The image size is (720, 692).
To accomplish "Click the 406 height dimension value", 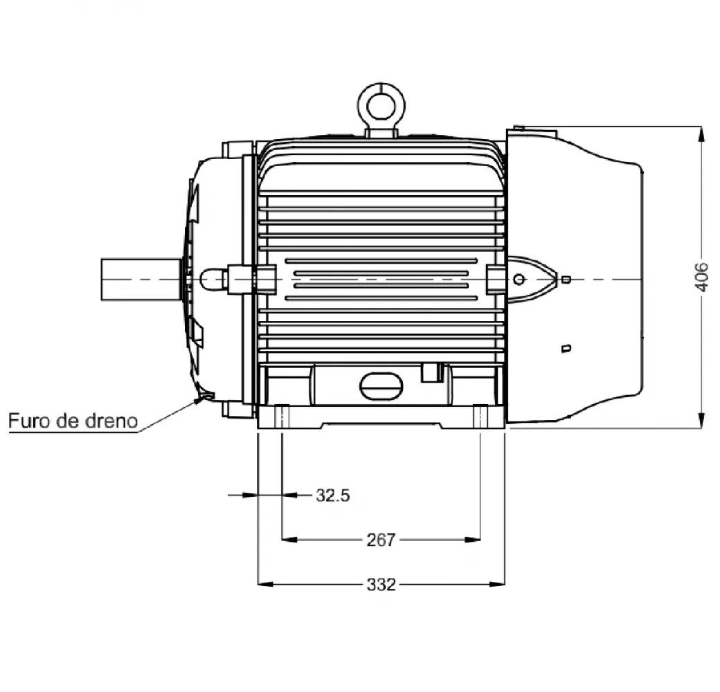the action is coord(701,277).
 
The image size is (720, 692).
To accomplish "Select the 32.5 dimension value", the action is coord(333,495).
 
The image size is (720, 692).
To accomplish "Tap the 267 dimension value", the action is coord(381,540).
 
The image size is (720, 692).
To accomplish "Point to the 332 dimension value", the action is coord(381,585).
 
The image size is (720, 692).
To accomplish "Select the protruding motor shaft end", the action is coord(141,280).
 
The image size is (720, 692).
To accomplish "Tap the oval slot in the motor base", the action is coord(381,386).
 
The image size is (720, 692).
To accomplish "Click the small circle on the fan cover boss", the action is coord(519,279).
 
